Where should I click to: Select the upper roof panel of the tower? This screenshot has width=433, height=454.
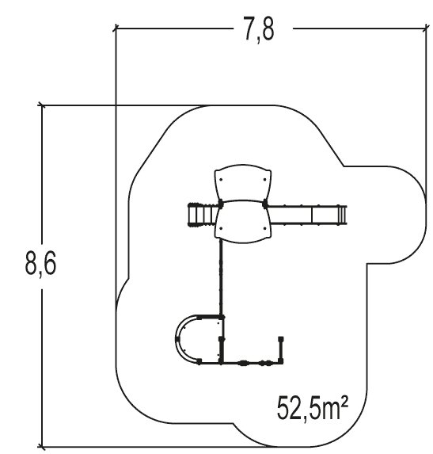click(241, 185)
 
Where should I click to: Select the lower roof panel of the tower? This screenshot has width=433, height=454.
click(241, 221)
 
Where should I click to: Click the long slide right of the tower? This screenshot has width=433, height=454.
click(305, 214)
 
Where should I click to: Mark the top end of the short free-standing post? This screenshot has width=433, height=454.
click(281, 340)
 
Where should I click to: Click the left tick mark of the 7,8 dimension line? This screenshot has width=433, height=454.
click(116, 29)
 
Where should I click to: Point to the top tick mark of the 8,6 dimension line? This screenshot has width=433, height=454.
click(42, 105)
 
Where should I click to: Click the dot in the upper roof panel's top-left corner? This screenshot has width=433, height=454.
click(221, 179)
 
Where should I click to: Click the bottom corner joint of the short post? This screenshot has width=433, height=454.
click(281, 363)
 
